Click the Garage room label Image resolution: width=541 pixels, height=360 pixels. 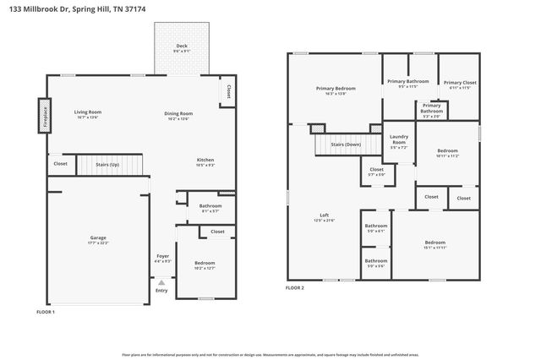point(98,238)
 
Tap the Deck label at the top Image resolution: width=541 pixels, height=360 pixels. point(182,46)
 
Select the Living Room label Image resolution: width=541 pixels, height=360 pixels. point(88,112)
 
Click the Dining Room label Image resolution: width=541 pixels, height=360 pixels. point(178,113)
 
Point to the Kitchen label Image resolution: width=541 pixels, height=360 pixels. point(205,160)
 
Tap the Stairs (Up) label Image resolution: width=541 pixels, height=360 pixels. point(108,164)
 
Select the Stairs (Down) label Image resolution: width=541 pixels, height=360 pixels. point(346,145)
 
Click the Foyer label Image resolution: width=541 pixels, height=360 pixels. point(163,255)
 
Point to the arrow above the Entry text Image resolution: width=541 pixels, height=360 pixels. point(161,281)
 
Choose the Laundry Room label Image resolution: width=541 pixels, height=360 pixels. point(399,139)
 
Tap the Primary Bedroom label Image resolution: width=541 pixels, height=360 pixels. point(336,88)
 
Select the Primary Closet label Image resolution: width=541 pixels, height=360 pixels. point(460,83)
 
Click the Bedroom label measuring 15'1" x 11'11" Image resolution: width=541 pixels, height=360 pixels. point(434,243)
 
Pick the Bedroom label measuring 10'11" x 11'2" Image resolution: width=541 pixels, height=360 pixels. point(447,150)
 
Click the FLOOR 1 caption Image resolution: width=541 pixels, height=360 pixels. point(45,312)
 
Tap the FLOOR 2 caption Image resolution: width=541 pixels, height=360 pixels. point(294,288)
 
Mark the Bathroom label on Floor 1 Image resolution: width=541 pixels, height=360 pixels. point(210,205)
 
